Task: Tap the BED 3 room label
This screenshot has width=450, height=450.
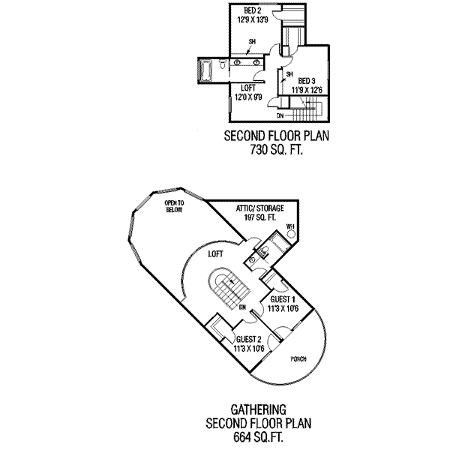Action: pyautogui.click(x=307, y=81)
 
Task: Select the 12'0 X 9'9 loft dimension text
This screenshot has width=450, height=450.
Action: pyautogui.click(x=247, y=97)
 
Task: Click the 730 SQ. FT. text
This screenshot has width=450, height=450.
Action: pyautogui.click(x=277, y=149)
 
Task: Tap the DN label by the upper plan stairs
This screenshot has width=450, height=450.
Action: pyautogui.click(x=280, y=115)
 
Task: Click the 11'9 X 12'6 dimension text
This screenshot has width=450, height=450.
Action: pyautogui.click(x=307, y=91)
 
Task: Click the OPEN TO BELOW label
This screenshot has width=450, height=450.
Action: pyautogui.click(x=175, y=206)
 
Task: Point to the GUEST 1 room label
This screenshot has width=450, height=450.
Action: pyautogui.click(x=282, y=298)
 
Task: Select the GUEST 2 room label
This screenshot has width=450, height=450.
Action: pyautogui.click(x=248, y=338)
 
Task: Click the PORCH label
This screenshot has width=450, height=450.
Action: pyautogui.click(x=299, y=358)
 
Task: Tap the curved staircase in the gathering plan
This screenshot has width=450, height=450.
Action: pyautogui.click(x=226, y=289)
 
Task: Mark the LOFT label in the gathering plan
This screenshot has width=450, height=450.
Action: pyautogui.click(x=216, y=255)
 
